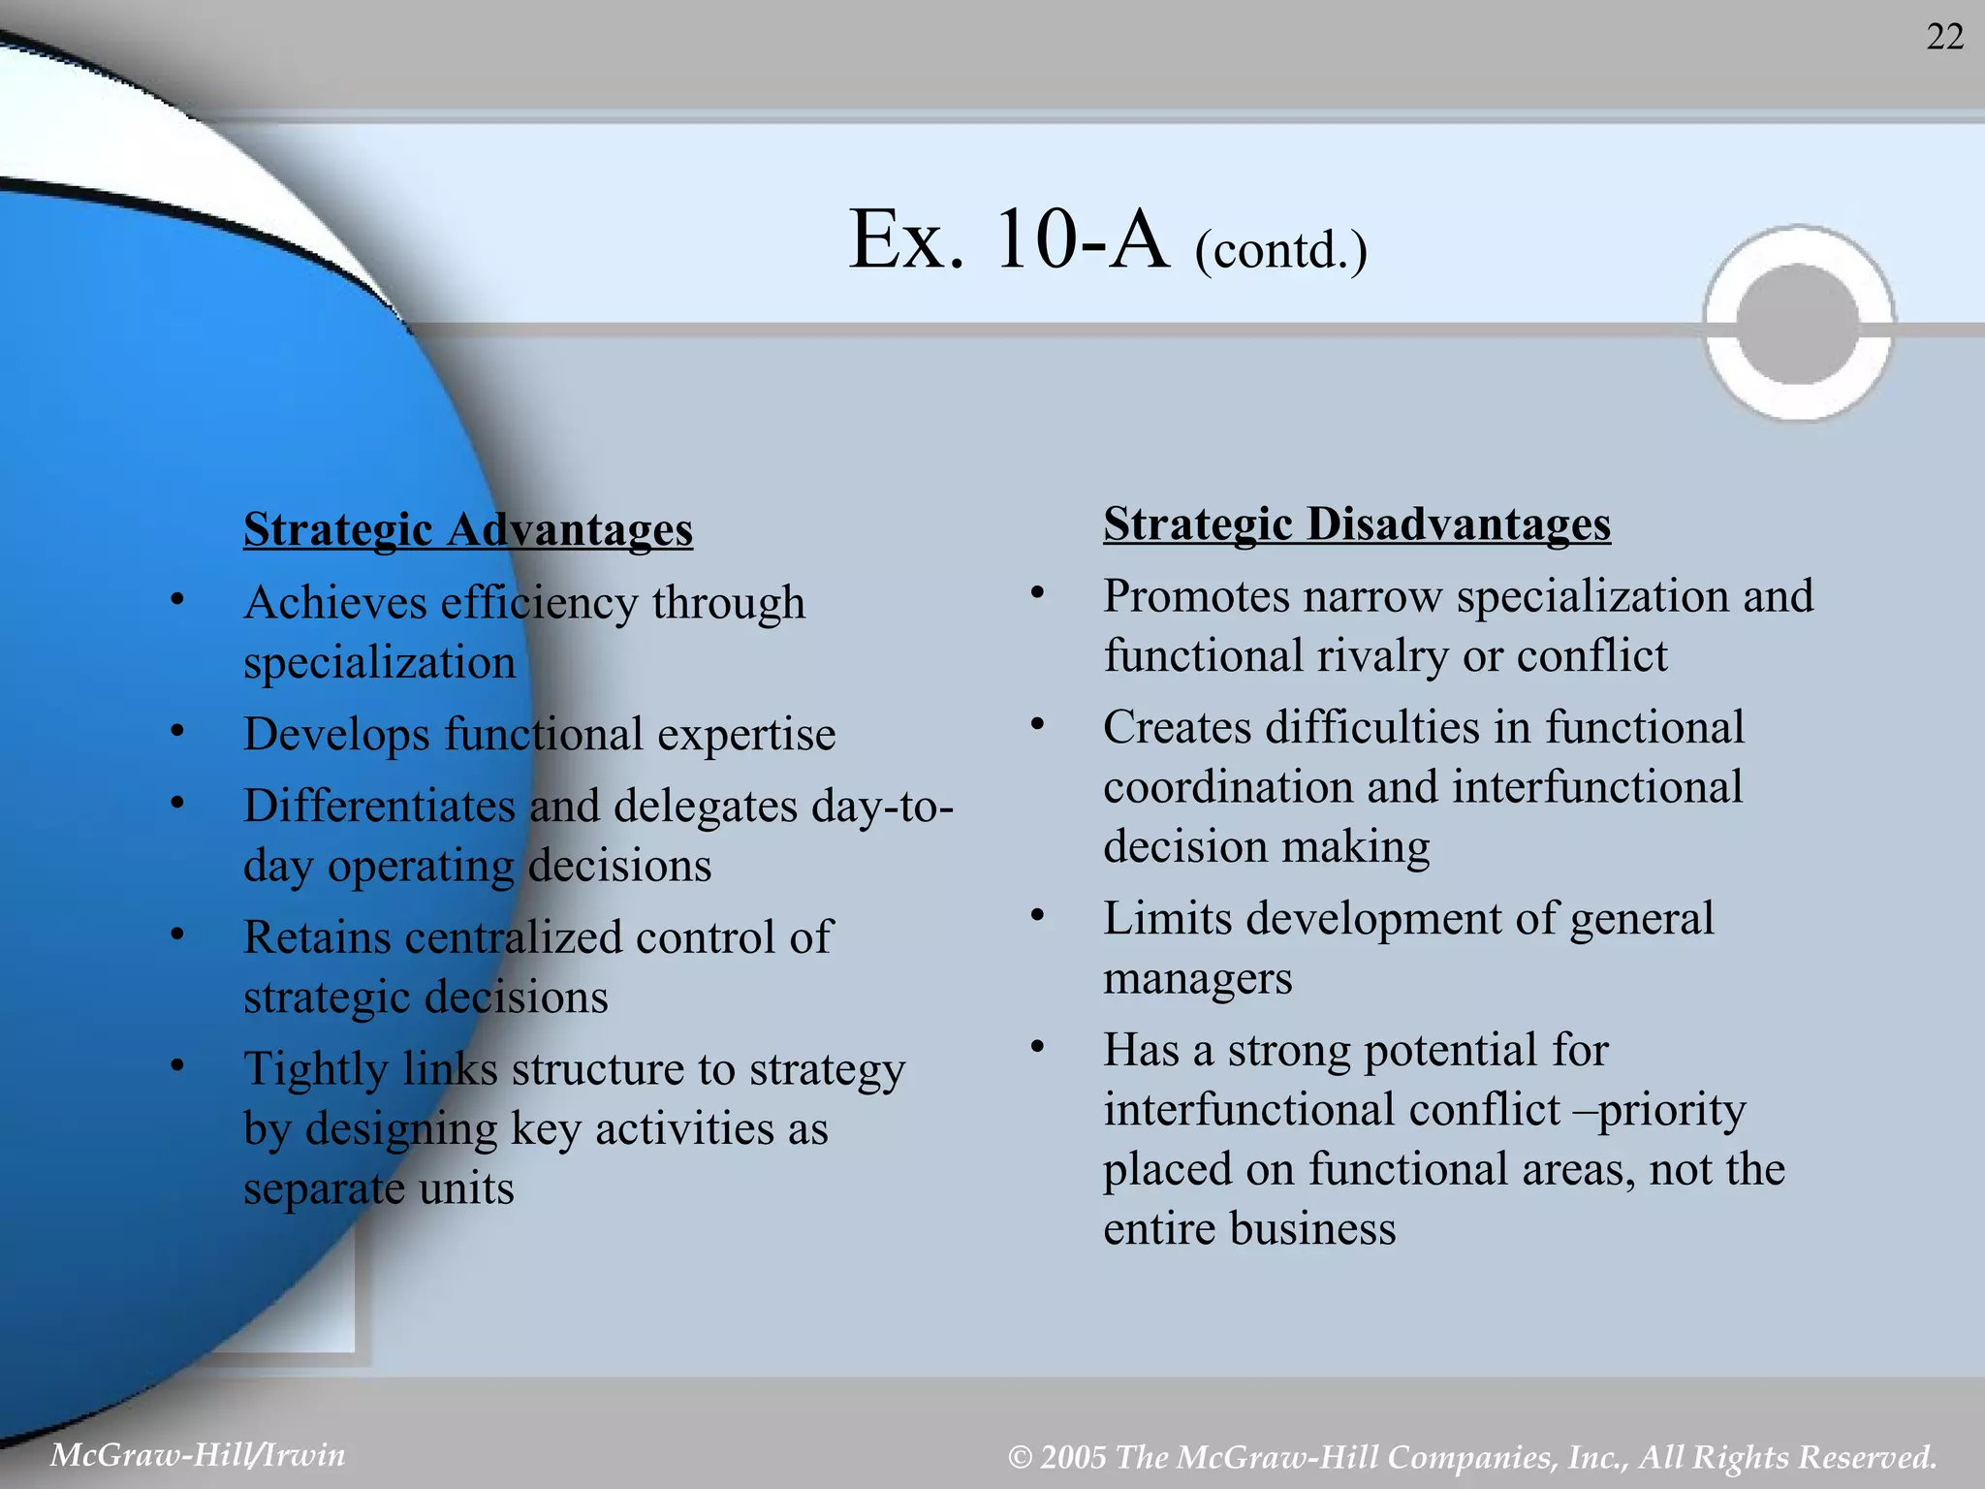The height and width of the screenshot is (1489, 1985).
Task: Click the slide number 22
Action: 1944,38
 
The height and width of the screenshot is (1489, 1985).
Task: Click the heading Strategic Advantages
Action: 468,529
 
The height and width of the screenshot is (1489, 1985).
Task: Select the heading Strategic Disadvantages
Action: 1356,524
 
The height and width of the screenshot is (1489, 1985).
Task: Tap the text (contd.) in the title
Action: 1280,251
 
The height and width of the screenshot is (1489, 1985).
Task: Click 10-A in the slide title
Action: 1082,239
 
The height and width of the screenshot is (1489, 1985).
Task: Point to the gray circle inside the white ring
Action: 1798,323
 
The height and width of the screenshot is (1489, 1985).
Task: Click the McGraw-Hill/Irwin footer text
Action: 198,1454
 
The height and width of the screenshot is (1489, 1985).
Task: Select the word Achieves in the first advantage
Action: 335,603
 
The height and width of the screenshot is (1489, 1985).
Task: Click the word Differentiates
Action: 379,806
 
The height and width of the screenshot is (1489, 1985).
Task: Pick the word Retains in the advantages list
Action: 317,937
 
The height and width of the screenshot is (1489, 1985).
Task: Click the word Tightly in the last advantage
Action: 315,1069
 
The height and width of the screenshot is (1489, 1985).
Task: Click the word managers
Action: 1197,978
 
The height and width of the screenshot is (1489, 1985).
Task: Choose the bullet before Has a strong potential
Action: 1036,1047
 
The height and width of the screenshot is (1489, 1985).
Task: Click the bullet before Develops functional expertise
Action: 176,731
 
